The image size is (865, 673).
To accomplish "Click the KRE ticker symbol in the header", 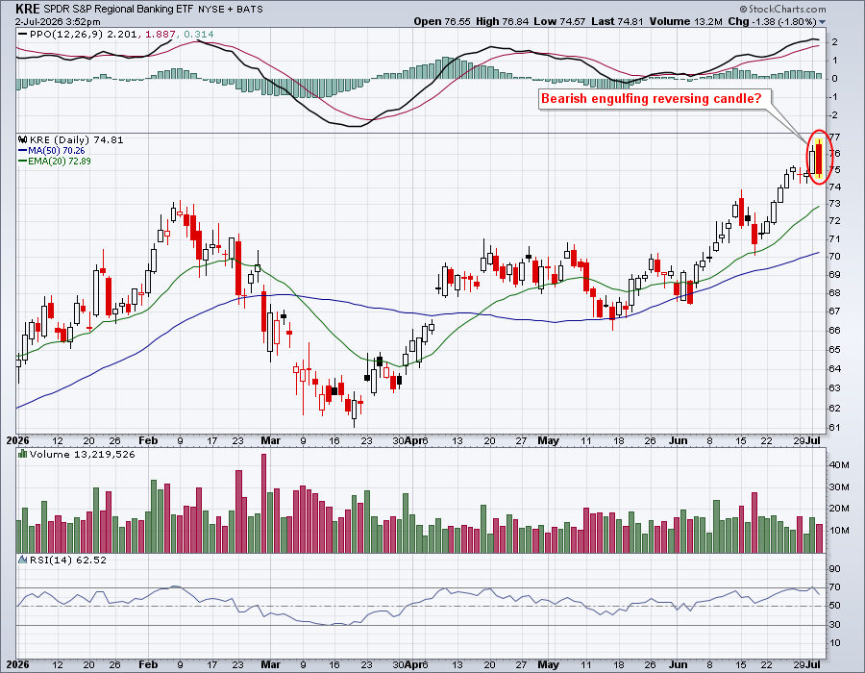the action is (x=27, y=9).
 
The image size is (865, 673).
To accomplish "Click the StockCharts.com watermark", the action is (x=782, y=9).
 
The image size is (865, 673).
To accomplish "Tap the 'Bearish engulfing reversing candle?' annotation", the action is (x=651, y=99).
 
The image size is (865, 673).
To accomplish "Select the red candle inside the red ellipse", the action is (x=819, y=160).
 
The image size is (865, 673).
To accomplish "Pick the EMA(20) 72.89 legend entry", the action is (x=55, y=162).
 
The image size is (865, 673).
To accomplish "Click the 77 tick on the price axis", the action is (x=834, y=137).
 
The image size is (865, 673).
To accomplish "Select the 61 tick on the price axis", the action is (x=834, y=428).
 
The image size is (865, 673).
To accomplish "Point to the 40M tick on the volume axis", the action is (x=838, y=465).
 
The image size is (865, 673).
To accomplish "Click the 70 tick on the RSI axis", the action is (x=834, y=586).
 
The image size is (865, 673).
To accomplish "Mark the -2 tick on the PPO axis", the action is (x=833, y=114).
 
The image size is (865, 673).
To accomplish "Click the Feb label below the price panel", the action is (x=148, y=440).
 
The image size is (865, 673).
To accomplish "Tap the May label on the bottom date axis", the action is (x=548, y=664).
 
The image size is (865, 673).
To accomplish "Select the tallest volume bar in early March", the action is (x=263, y=503).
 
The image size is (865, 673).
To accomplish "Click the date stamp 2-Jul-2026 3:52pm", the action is (x=58, y=22).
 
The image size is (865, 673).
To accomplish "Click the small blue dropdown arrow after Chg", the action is (x=822, y=22).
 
